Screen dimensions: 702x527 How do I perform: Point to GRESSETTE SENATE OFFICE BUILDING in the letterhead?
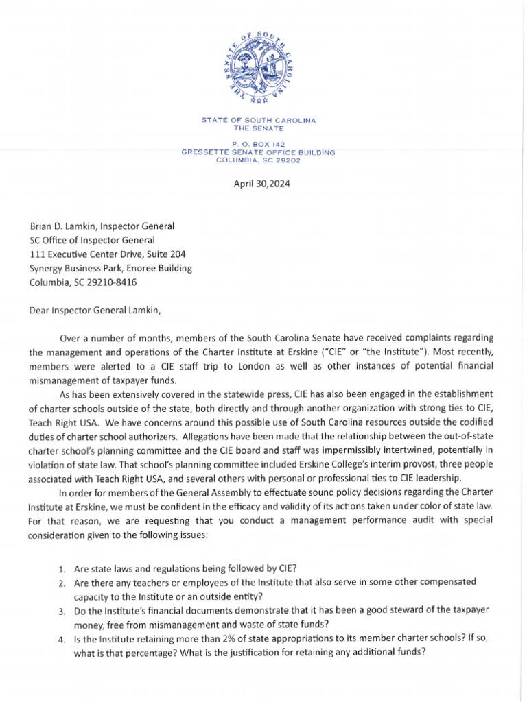[x=258, y=152]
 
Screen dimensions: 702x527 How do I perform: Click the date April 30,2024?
[x=262, y=184]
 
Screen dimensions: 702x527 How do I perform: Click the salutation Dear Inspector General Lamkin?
[x=95, y=310]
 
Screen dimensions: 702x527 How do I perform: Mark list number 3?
[x=61, y=610]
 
